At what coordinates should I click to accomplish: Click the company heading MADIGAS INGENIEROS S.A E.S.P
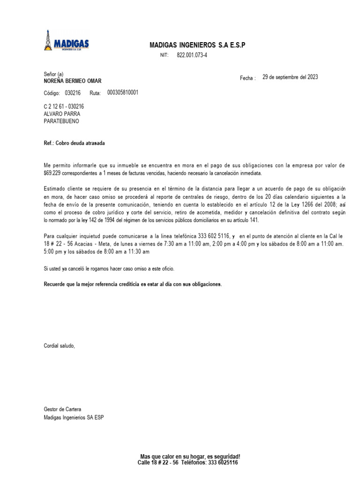tap(197, 45)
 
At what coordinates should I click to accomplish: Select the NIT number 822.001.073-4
tap(192, 55)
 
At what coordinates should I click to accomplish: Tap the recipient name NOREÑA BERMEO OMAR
tap(72, 81)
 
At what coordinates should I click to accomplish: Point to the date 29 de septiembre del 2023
tap(290, 77)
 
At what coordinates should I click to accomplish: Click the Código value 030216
tap(73, 93)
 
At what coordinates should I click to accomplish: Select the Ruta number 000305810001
tap(123, 93)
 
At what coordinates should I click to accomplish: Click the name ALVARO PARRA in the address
tap(62, 113)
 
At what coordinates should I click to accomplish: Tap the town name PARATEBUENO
tap(61, 120)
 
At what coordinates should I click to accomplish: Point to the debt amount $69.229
tap(52, 172)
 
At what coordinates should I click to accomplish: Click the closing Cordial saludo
tap(59, 346)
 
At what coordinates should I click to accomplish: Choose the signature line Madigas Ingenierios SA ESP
tap(74, 417)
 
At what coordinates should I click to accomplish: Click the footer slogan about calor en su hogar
tap(190, 457)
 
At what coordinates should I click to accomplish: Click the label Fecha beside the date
tap(247, 78)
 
